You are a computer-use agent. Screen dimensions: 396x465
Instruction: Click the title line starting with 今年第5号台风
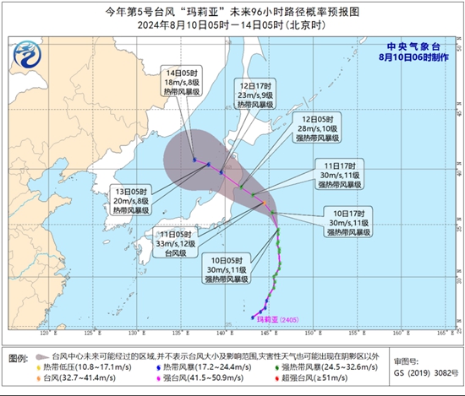coord(232,11)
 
